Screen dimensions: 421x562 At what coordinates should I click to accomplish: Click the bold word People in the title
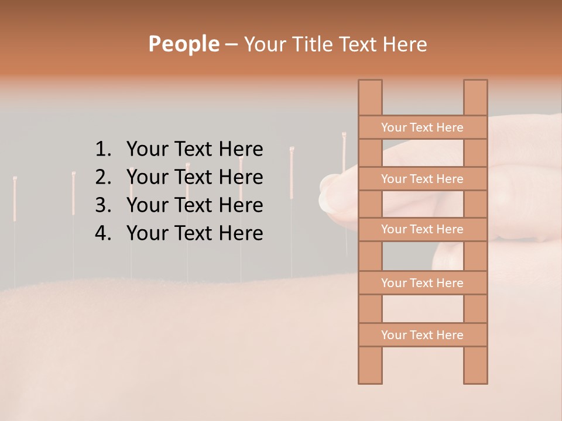[x=183, y=44]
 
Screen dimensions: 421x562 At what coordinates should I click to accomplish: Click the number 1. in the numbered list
[x=103, y=150]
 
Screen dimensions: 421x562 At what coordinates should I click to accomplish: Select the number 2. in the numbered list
[x=103, y=177]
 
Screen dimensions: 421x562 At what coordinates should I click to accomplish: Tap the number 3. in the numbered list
[x=103, y=205]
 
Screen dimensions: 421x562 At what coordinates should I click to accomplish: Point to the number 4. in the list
[x=103, y=233]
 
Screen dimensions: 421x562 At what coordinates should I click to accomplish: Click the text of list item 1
[x=194, y=150]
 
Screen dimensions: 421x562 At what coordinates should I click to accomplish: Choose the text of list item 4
[x=194, y=233]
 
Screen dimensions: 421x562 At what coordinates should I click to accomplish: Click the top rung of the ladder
[x=422, y=127]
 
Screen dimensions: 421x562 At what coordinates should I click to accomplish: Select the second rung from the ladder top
[x=422, y=179]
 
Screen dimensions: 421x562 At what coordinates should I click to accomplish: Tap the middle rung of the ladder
[x=422, y=230]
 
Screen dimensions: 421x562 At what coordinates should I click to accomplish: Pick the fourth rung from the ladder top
[x=422, y=283]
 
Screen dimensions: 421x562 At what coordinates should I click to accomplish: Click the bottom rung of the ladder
[x=422, y=335]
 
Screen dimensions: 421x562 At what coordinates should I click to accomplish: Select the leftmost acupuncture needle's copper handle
[x=15, y=199]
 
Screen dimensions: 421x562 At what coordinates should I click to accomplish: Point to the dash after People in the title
[x=231, y=44]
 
